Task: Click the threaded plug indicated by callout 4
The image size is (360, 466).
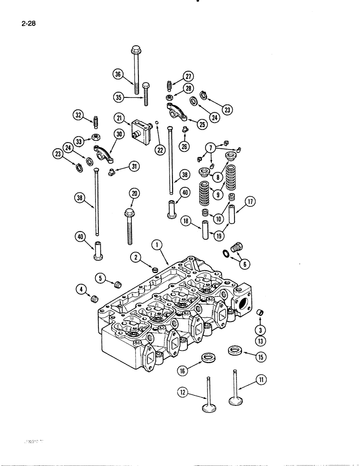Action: [x=96, y=298]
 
